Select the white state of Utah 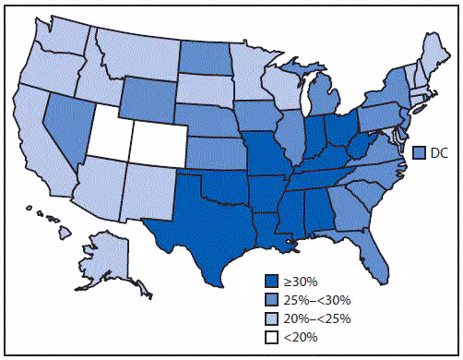tap(108, 139)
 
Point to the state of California tap(42, 148)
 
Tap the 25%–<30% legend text tap(315, 301)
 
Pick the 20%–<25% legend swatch tap(270, 319)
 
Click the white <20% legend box tap(270, 338)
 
